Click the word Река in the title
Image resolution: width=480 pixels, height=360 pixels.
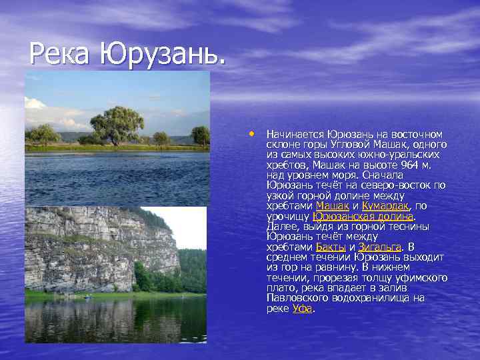(61, 53)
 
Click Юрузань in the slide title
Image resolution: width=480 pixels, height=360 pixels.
(162, 53)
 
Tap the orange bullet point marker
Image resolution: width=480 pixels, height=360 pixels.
(253, 133)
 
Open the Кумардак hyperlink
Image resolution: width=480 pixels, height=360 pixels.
(385, 206)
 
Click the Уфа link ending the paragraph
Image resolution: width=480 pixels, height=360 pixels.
(303, 309)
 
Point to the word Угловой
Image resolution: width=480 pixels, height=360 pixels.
(349, 145)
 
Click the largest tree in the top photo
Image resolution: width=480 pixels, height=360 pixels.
(117, 123)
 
